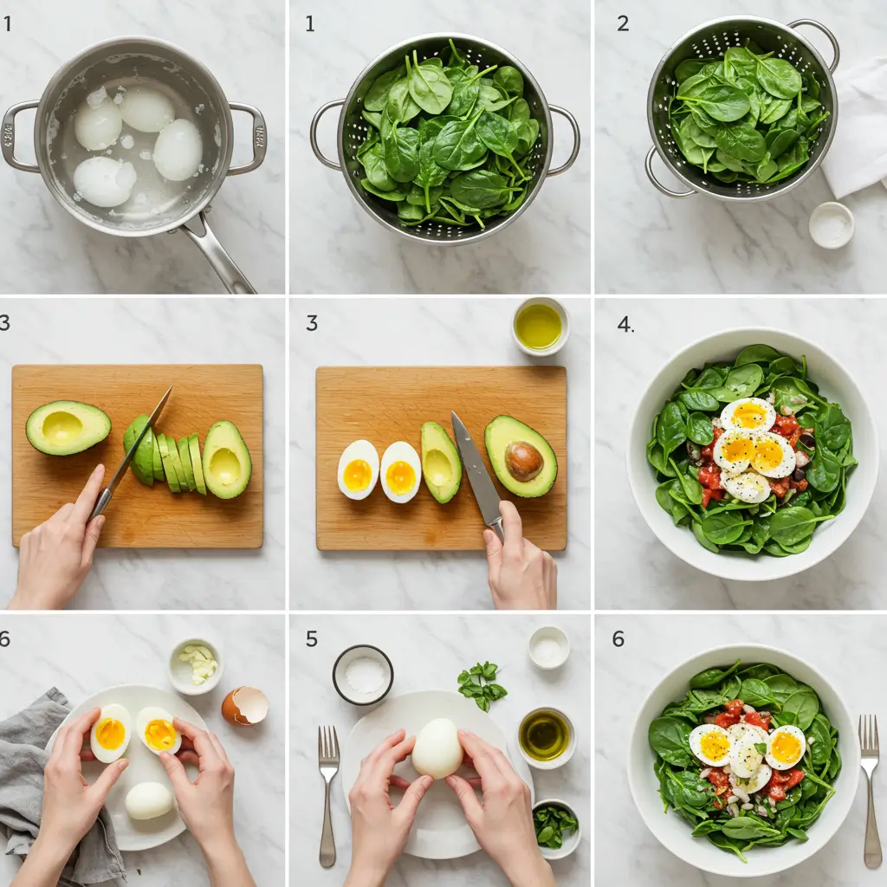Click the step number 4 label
[625, 325]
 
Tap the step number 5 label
[311, 639]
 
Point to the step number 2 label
[622, 23]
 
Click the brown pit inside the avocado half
[524, 461]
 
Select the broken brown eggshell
[245, 706]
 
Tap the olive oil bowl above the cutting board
[539, 327]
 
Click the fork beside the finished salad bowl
[870, 788]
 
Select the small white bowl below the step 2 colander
[831, 225]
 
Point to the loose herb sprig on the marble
[481, 683]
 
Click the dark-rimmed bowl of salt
[363, 674]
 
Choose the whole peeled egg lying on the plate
[149, 800]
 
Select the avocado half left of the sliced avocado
[68, 427]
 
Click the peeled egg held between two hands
[437, 748]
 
